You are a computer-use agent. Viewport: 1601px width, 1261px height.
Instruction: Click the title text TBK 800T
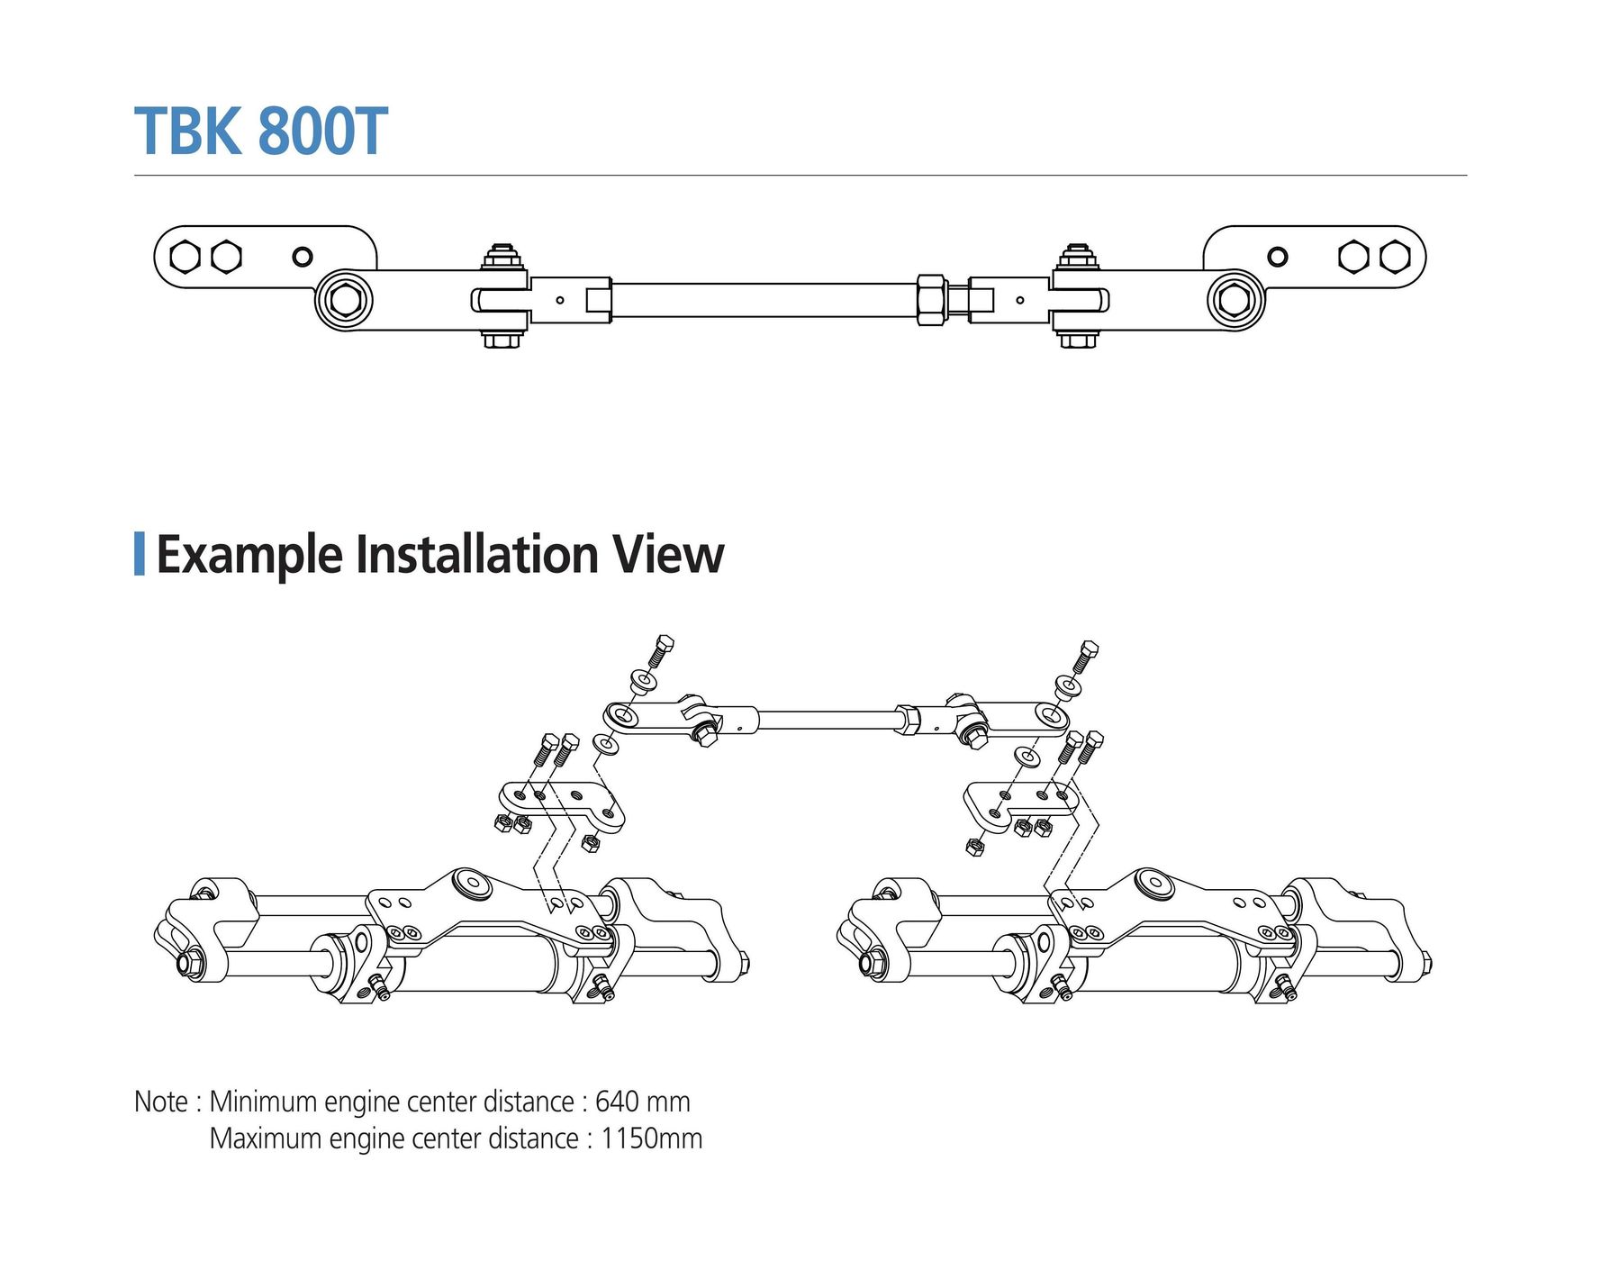click(261, 132)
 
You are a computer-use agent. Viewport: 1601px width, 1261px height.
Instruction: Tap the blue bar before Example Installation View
click(140, 554)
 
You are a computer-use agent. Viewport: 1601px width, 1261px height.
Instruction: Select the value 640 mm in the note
click(643, 1102)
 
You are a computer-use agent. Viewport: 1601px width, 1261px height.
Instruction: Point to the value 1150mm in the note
click(652, 1139)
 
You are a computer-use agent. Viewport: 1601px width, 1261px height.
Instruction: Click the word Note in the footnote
click(161, 1102)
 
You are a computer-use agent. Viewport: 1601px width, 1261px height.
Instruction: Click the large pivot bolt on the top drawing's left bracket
click(344, 300)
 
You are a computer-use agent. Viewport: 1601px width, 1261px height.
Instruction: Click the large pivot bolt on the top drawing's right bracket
click(1236, 300)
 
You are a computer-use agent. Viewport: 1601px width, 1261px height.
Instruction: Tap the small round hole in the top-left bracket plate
click(303, 257)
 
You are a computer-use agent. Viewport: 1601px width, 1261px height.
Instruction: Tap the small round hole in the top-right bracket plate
click(1277, 257)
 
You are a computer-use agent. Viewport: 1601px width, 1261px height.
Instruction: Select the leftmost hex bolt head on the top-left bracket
click(185, 257)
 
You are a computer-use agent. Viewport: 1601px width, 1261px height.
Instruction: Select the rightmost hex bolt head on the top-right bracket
click(1395, 257)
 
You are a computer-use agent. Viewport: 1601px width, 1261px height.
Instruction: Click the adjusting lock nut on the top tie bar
click(931, 300)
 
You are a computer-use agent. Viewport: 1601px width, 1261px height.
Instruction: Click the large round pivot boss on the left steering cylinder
click(473, 883)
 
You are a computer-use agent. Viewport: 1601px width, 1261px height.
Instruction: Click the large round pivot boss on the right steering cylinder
click(1153, 883)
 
